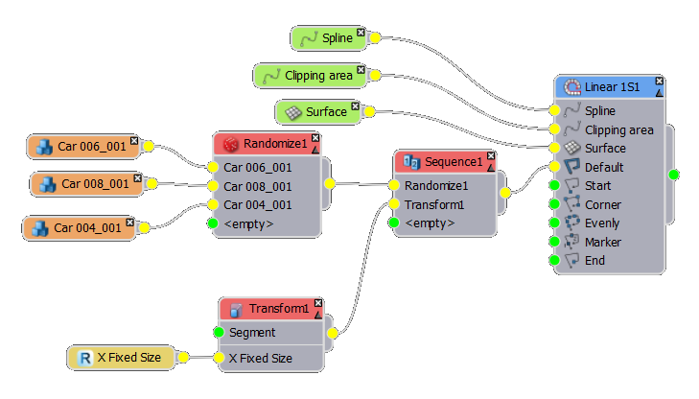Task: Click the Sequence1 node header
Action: pyautogui.click(x=446, y=161)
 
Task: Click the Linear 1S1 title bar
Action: pyautogui.click(x=610, y=87)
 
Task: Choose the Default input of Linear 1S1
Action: pyautogui.click(x=604, y=167)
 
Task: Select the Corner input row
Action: pyautogui.click(x=602, y=204)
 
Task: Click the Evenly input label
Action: pyautogui.click(x=602, y=223)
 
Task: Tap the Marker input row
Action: pyautogui.click(x=603, y=242)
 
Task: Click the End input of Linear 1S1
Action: pyautogui.click(x=595, y=260)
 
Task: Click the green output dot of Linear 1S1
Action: pyautogui.click(x=674, y=175)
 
